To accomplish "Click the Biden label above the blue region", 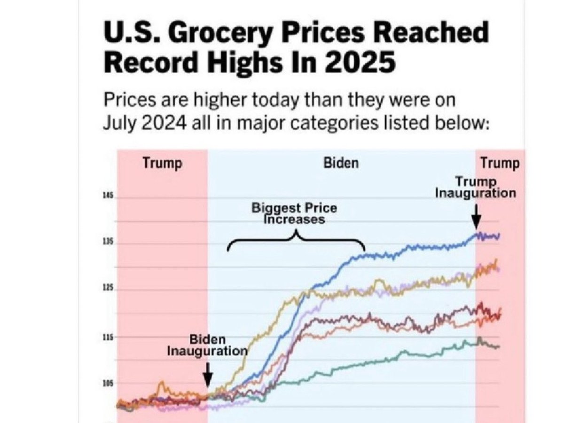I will pyautogui.click(x=341, y=163).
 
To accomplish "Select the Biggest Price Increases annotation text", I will pyautogui.click(x=294, y=213).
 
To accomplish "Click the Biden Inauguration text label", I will pyautogui.click(x=207, y=345).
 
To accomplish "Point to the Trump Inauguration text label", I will pyautogui.click(x=475, y=188).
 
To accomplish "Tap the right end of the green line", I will pyautogui.click(x=499, y=347).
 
